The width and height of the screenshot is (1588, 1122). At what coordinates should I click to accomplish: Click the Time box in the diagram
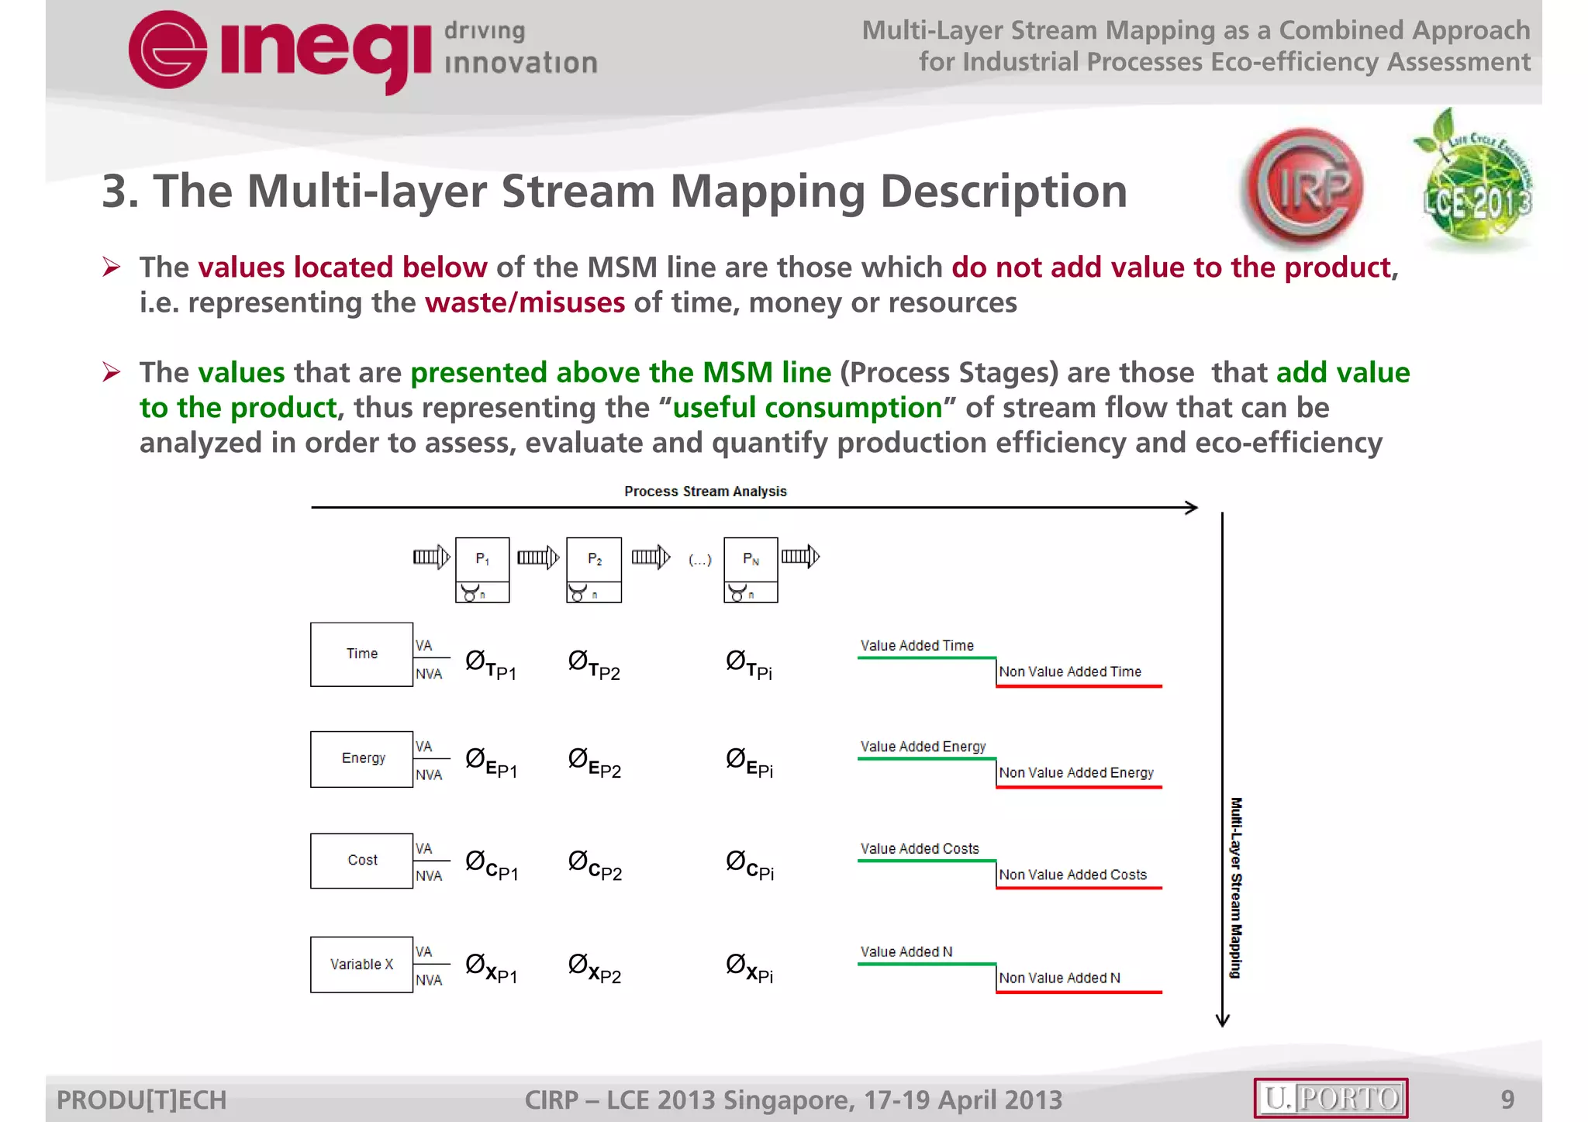[361, 654]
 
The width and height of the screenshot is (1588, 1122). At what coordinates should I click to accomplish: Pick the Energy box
[361, 758]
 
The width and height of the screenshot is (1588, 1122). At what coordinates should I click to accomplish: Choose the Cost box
[361, 860]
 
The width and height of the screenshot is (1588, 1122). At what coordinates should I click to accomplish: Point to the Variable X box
[361, 964]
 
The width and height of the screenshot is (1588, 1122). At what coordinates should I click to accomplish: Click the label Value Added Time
[917, 645]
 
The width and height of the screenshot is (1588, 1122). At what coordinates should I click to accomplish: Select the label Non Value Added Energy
[1075, 772]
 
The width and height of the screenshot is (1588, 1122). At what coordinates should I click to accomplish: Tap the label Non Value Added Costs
[1072, 875]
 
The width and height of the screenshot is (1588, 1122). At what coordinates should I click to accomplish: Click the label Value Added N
[906, 951]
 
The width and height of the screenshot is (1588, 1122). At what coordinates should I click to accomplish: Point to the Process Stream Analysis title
[705, 492]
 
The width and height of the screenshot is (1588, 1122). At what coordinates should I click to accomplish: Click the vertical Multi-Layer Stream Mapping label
[1236, 887]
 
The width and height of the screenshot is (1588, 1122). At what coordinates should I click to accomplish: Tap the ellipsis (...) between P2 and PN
[699, 560]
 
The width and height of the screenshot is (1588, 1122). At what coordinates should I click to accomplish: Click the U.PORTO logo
[1331, 1098]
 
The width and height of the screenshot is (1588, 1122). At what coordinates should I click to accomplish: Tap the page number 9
[1507, 1099]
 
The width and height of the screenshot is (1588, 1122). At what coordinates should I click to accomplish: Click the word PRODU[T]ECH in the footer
[142, 1100]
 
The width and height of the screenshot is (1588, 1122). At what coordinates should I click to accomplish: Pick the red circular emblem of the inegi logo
[167, 50]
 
